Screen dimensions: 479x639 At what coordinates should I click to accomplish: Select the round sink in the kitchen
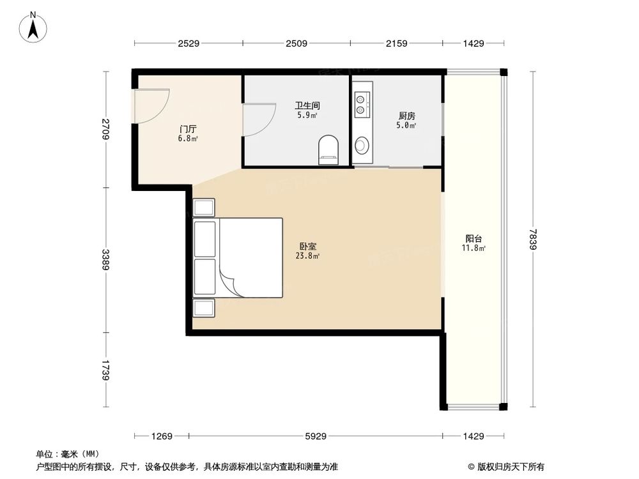coord(362,145)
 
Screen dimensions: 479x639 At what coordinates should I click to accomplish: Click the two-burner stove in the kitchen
coord(362,105)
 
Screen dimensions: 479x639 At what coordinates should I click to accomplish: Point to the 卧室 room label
coord(308,246)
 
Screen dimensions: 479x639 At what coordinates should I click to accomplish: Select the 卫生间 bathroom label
coord(307,106)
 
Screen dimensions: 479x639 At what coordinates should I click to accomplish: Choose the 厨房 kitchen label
coord(406,116)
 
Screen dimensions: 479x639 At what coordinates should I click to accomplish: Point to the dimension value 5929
coord(315,437)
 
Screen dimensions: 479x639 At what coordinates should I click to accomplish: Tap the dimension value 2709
coord(105,130)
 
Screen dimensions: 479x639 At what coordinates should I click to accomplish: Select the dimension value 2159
coord(397,43)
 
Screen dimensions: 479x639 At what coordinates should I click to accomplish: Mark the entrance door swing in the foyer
coord(152,105)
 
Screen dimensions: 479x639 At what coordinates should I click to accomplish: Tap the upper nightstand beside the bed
coord(204,208)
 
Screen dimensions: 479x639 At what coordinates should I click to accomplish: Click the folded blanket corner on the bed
coord(231,282)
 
